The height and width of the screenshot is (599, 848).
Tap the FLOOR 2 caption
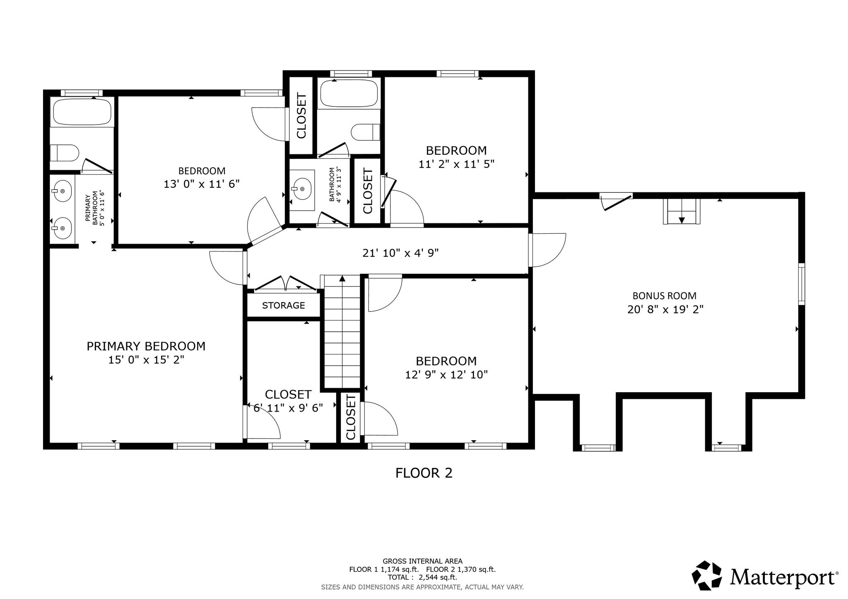pos(424,473)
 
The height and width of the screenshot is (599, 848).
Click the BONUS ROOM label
pos(665,296)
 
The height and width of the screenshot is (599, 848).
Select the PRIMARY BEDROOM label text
pos(146,346)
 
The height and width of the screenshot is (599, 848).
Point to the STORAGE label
pos(284,305)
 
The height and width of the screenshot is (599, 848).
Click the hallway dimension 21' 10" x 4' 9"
pos(400,253)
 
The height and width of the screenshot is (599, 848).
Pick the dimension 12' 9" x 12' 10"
pos(446,375)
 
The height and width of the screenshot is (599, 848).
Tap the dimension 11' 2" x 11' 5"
pos(457,164)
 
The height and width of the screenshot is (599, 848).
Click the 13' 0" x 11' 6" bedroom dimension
pos(202,184)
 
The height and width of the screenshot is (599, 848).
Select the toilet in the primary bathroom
pos(64,153)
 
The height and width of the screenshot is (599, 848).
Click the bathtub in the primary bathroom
pos(82,112)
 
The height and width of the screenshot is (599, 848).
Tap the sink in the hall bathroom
pos(302,189)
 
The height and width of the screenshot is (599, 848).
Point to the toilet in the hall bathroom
pos(366,132)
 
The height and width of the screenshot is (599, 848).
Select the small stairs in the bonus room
pos(682,211)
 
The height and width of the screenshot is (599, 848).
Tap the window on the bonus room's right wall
pos(802,284)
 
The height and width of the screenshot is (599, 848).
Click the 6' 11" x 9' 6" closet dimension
pos(288,408)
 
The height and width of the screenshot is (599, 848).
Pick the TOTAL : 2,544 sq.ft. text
pos(422,577)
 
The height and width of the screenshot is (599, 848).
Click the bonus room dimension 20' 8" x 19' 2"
pos(665,309)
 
